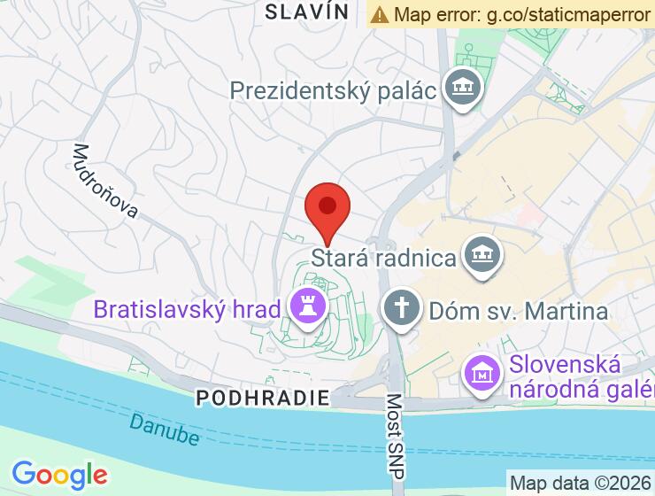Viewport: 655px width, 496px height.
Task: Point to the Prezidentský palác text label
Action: click(x=335, y=90)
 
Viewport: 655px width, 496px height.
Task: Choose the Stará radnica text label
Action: click(x=384, y=259)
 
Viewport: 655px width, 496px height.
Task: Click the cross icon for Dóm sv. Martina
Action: click(x=402, y=309)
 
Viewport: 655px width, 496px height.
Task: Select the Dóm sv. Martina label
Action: click(x=518, y=311)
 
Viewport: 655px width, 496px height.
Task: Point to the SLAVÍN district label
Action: click(x=307, y=12)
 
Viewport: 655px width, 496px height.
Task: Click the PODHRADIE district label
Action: click(x=263, y=398)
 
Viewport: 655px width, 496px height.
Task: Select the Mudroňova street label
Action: click(x=106, y=181)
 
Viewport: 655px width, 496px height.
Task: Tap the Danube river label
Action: click(x=164, y=427)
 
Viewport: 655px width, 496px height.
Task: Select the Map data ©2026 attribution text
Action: click(x=581, y=484)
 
